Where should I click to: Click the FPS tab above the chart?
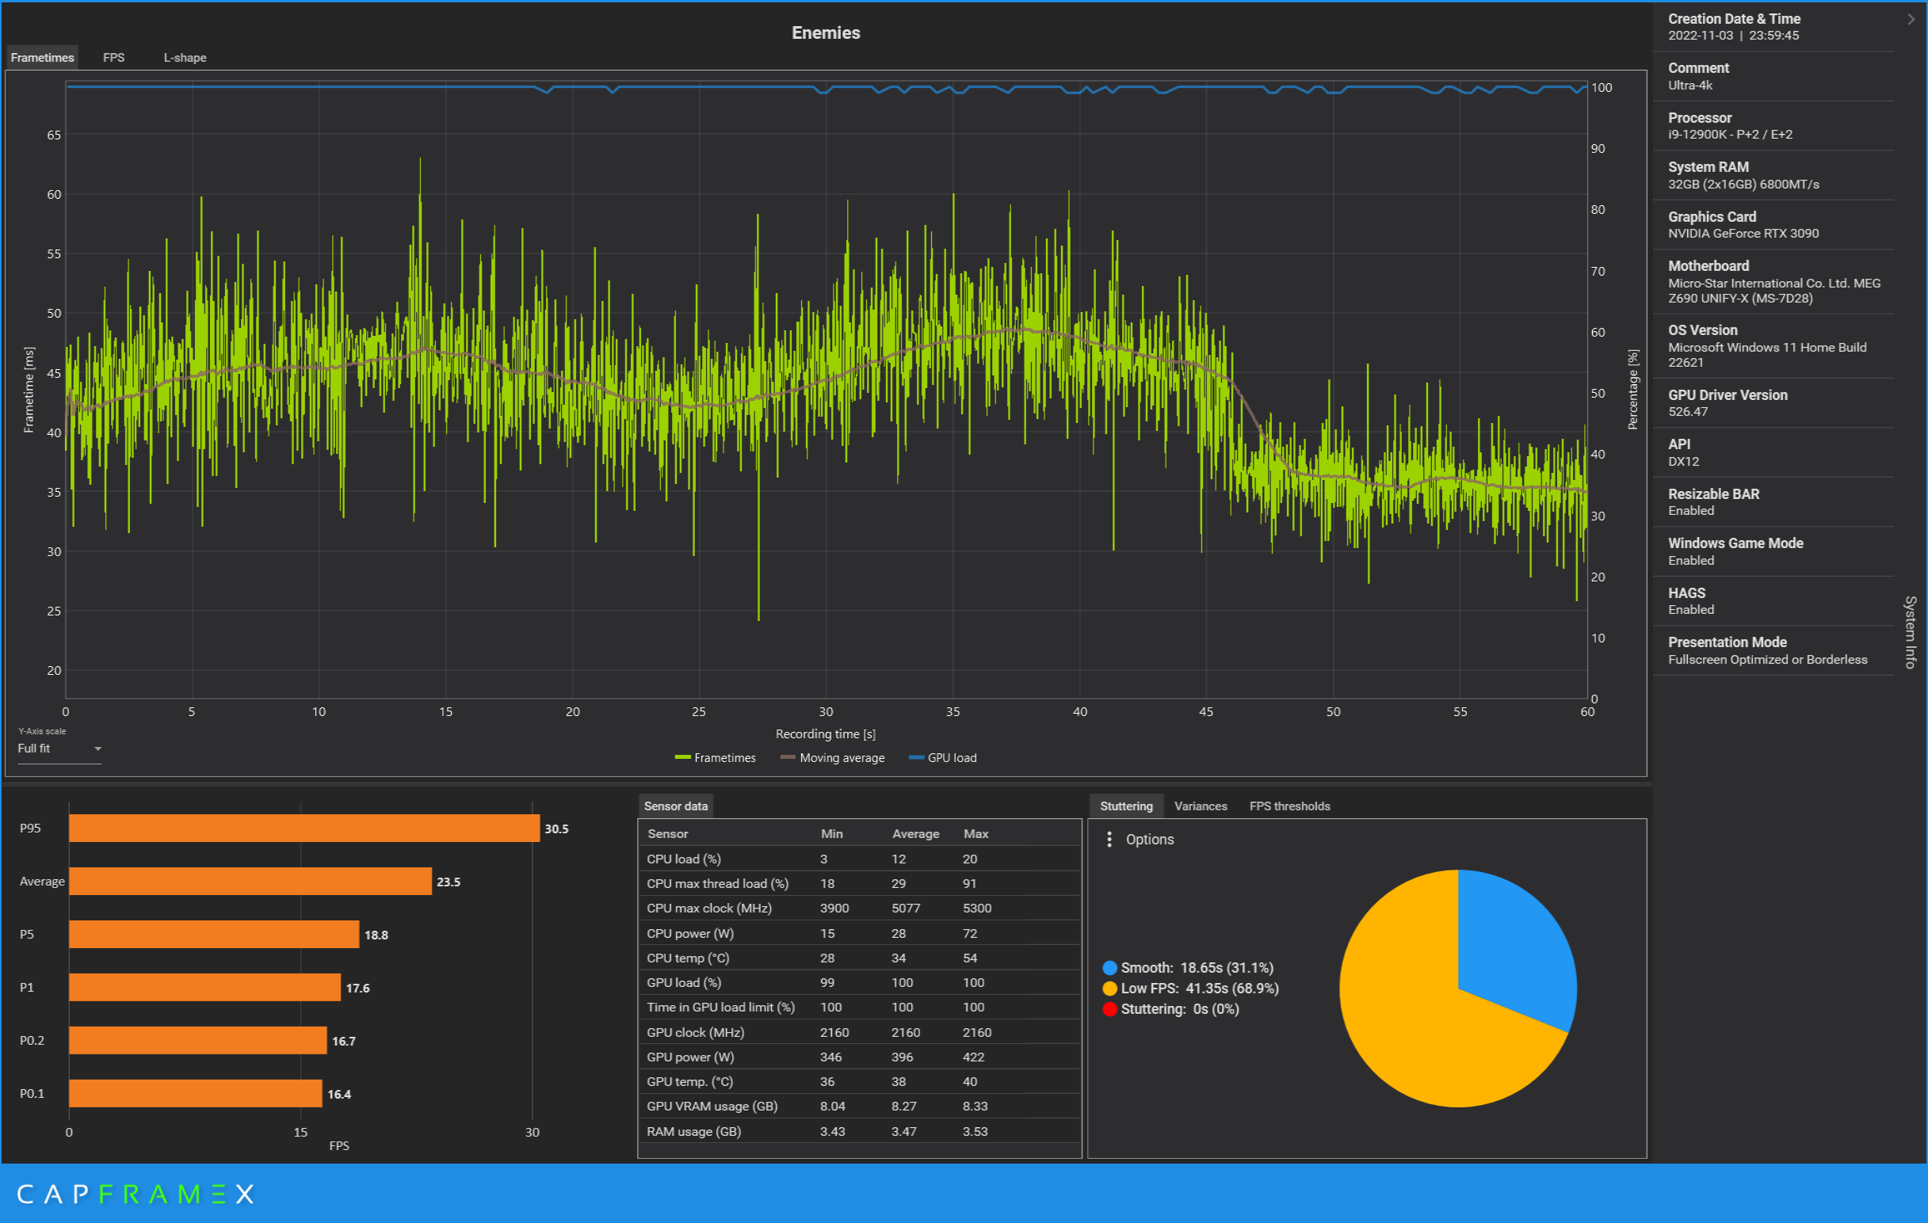(113, 58)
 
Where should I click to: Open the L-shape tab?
(185, 58)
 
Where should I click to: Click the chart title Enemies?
(826, 32)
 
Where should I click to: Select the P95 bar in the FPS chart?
(304, 829)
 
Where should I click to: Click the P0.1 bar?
(196, 1093)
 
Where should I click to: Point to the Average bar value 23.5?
(449, 882)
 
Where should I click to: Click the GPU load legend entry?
(942, 758)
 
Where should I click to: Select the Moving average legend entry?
(833, 758)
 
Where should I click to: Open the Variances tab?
(1201, 806)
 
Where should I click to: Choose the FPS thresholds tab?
(1290, 806)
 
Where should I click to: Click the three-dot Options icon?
(1109, 839)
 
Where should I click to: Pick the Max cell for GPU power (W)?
(974, 1057)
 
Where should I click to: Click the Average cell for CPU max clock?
(906, 908)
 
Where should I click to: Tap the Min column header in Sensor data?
(831, 833)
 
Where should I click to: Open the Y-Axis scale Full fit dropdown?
(59, 749)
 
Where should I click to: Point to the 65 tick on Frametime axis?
(54, 135)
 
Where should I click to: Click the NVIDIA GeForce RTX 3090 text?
(1743, 233)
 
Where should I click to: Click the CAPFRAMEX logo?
(136, 1194)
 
